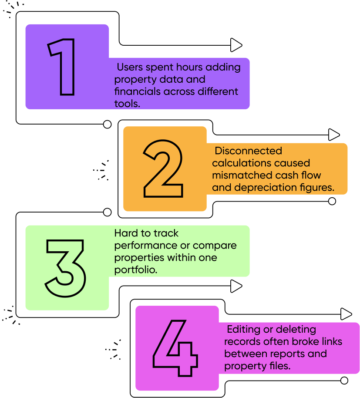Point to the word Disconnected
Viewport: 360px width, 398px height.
(x=249, y=151)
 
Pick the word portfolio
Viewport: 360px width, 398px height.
(x=135, y=270)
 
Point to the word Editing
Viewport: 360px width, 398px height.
(x=244, y=329)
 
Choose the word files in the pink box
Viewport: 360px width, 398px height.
(x=277, y=366)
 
